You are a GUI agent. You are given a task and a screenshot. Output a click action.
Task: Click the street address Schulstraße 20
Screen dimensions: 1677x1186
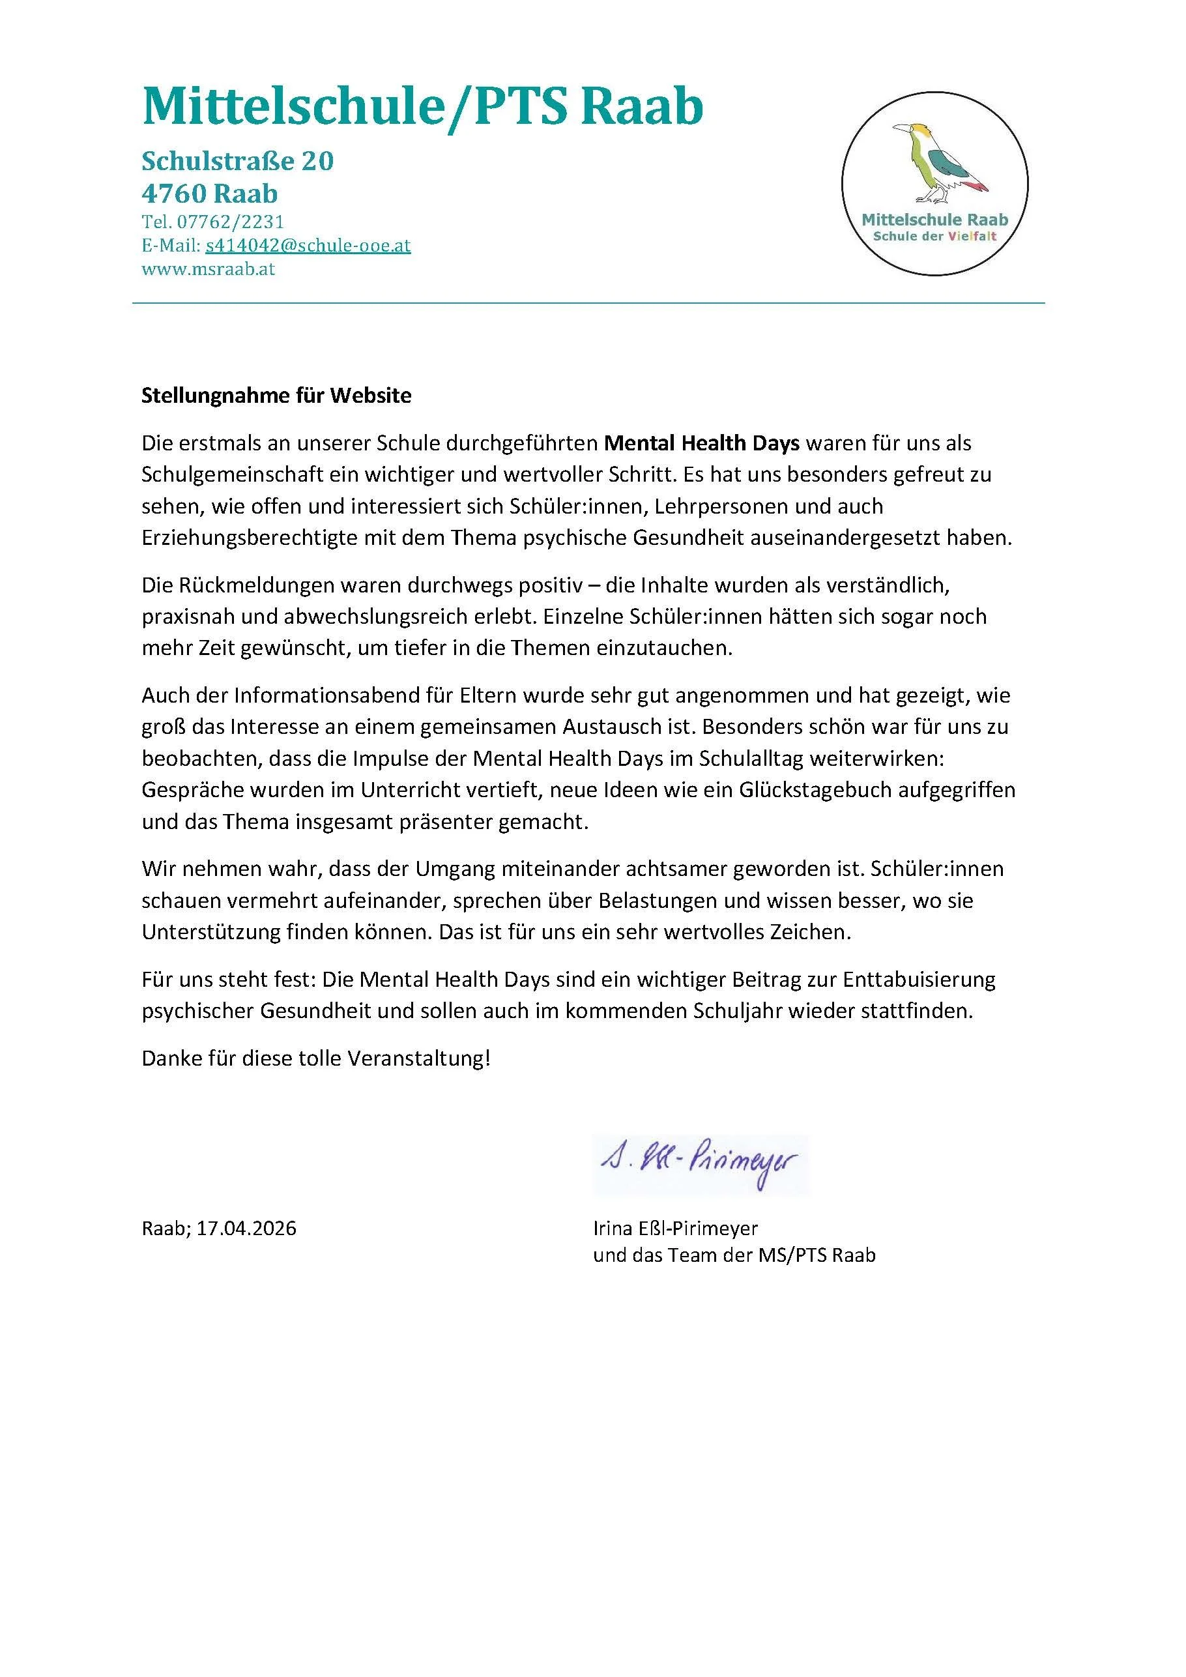click(237, 161)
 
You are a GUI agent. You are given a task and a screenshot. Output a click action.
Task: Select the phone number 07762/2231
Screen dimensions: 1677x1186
click(230, 222)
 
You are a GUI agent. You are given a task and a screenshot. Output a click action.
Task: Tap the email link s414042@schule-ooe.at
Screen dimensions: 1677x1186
click(308, 246)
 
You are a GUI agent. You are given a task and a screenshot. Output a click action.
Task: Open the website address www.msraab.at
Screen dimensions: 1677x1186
click(208, 269)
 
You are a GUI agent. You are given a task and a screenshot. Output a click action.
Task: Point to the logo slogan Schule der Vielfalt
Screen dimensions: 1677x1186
click(934, 237)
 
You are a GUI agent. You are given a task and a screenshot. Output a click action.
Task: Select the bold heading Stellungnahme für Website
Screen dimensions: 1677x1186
click(276, 395)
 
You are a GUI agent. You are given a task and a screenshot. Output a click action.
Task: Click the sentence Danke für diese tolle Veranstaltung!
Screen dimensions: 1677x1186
click(316, 1058)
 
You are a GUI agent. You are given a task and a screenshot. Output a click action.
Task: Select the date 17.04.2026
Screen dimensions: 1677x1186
click(246, 1229)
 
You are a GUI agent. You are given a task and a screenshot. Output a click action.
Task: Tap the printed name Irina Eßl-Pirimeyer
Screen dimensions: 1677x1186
click(676, 1229)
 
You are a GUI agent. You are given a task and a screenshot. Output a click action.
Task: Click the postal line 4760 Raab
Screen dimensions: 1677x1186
click(210, 194)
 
